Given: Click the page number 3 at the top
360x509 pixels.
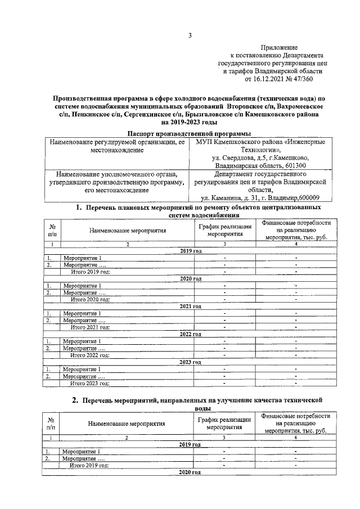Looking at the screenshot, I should tap(190, 37).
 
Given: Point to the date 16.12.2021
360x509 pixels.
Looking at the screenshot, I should tap(269, 79).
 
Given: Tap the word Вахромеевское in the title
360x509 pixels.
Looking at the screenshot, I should tap(293, 106).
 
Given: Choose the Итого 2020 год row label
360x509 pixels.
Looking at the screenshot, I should tap(90, 299).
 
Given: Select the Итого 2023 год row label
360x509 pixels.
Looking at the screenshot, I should tap(90, 383).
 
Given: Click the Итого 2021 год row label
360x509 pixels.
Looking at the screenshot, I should tap(90, 327).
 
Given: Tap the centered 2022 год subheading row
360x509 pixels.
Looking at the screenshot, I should tap(190, 334).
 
